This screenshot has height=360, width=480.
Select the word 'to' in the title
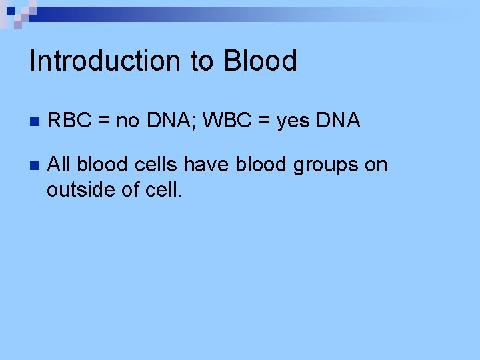tap(202, 61)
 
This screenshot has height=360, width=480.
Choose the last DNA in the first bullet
tap(339, 121)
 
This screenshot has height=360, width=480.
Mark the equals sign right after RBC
tap(105, 121)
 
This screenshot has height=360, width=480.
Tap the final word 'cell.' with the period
tap(163, 189)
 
